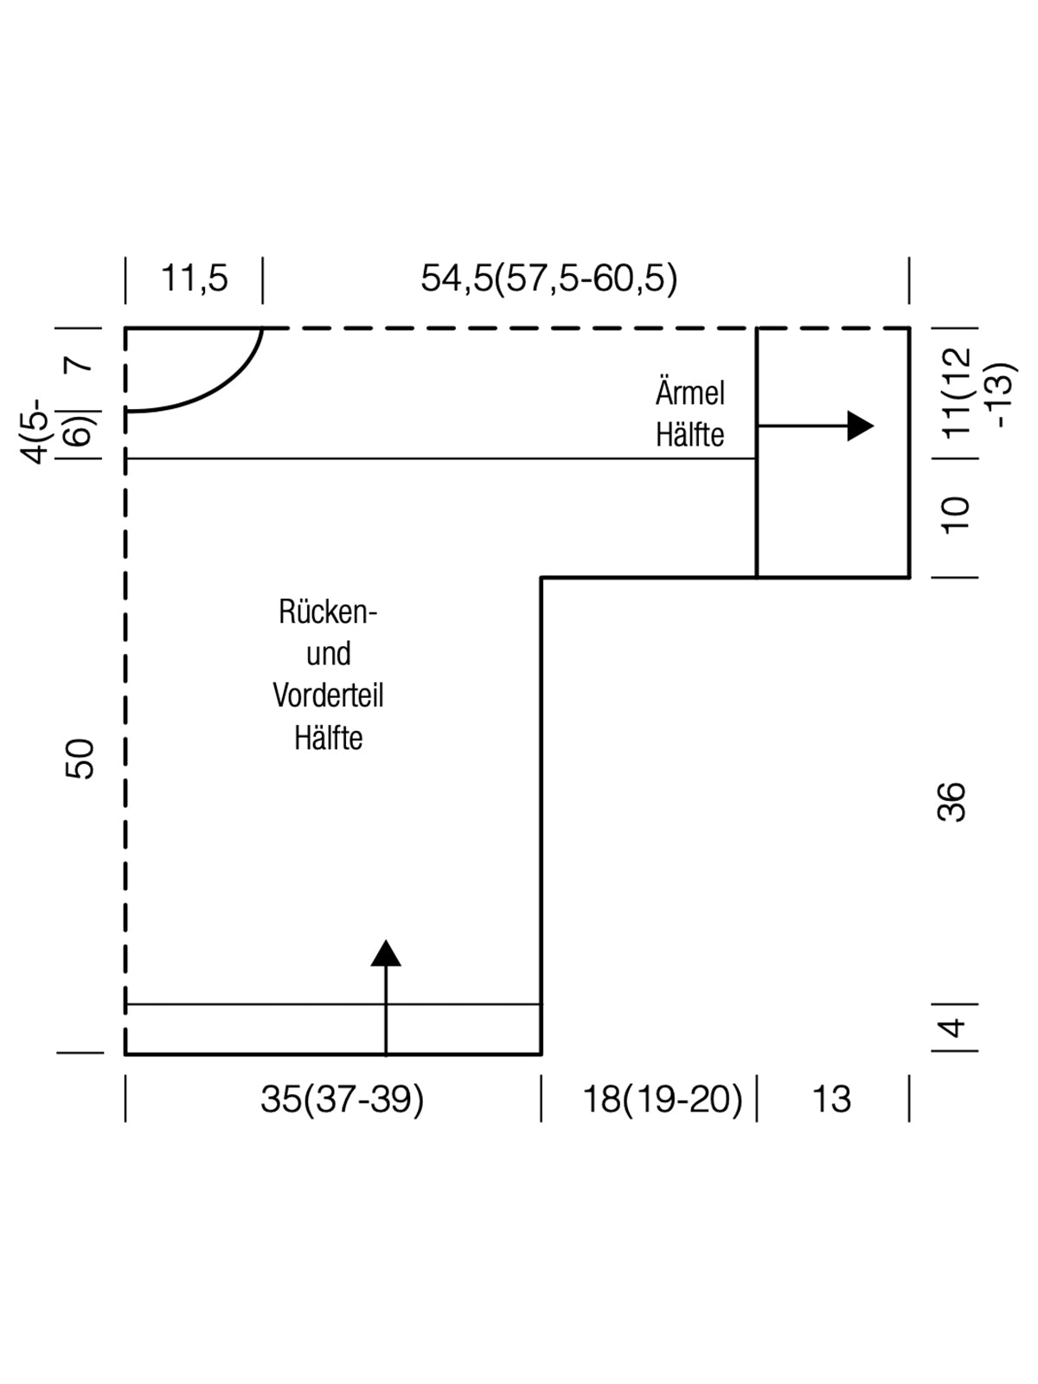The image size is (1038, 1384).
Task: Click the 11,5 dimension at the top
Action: coord(195,279)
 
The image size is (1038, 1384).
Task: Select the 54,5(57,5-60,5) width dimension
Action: coord(549,279)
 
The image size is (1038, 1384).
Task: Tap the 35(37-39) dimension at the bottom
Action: coord(343,1099)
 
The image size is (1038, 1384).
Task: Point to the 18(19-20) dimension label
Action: coord(663,1099)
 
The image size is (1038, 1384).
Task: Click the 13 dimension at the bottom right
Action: coord(831,1099)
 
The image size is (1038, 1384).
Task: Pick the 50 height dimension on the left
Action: coord(80,759)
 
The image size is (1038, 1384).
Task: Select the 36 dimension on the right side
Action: coord(951,801)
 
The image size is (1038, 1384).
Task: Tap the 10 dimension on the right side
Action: coord(956,515)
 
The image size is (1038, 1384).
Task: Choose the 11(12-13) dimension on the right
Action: coord(977,394)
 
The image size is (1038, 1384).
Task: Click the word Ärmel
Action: coord(689,394)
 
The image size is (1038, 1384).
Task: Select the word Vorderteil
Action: coord(328,695)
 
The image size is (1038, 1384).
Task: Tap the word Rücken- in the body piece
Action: coord(328,612)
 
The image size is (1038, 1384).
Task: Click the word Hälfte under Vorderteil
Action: coord(328,738)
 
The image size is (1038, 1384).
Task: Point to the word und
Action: coord(328,654)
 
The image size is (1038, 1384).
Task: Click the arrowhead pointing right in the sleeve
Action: coord(860,426)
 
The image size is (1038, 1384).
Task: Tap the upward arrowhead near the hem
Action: coord(386,953)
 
